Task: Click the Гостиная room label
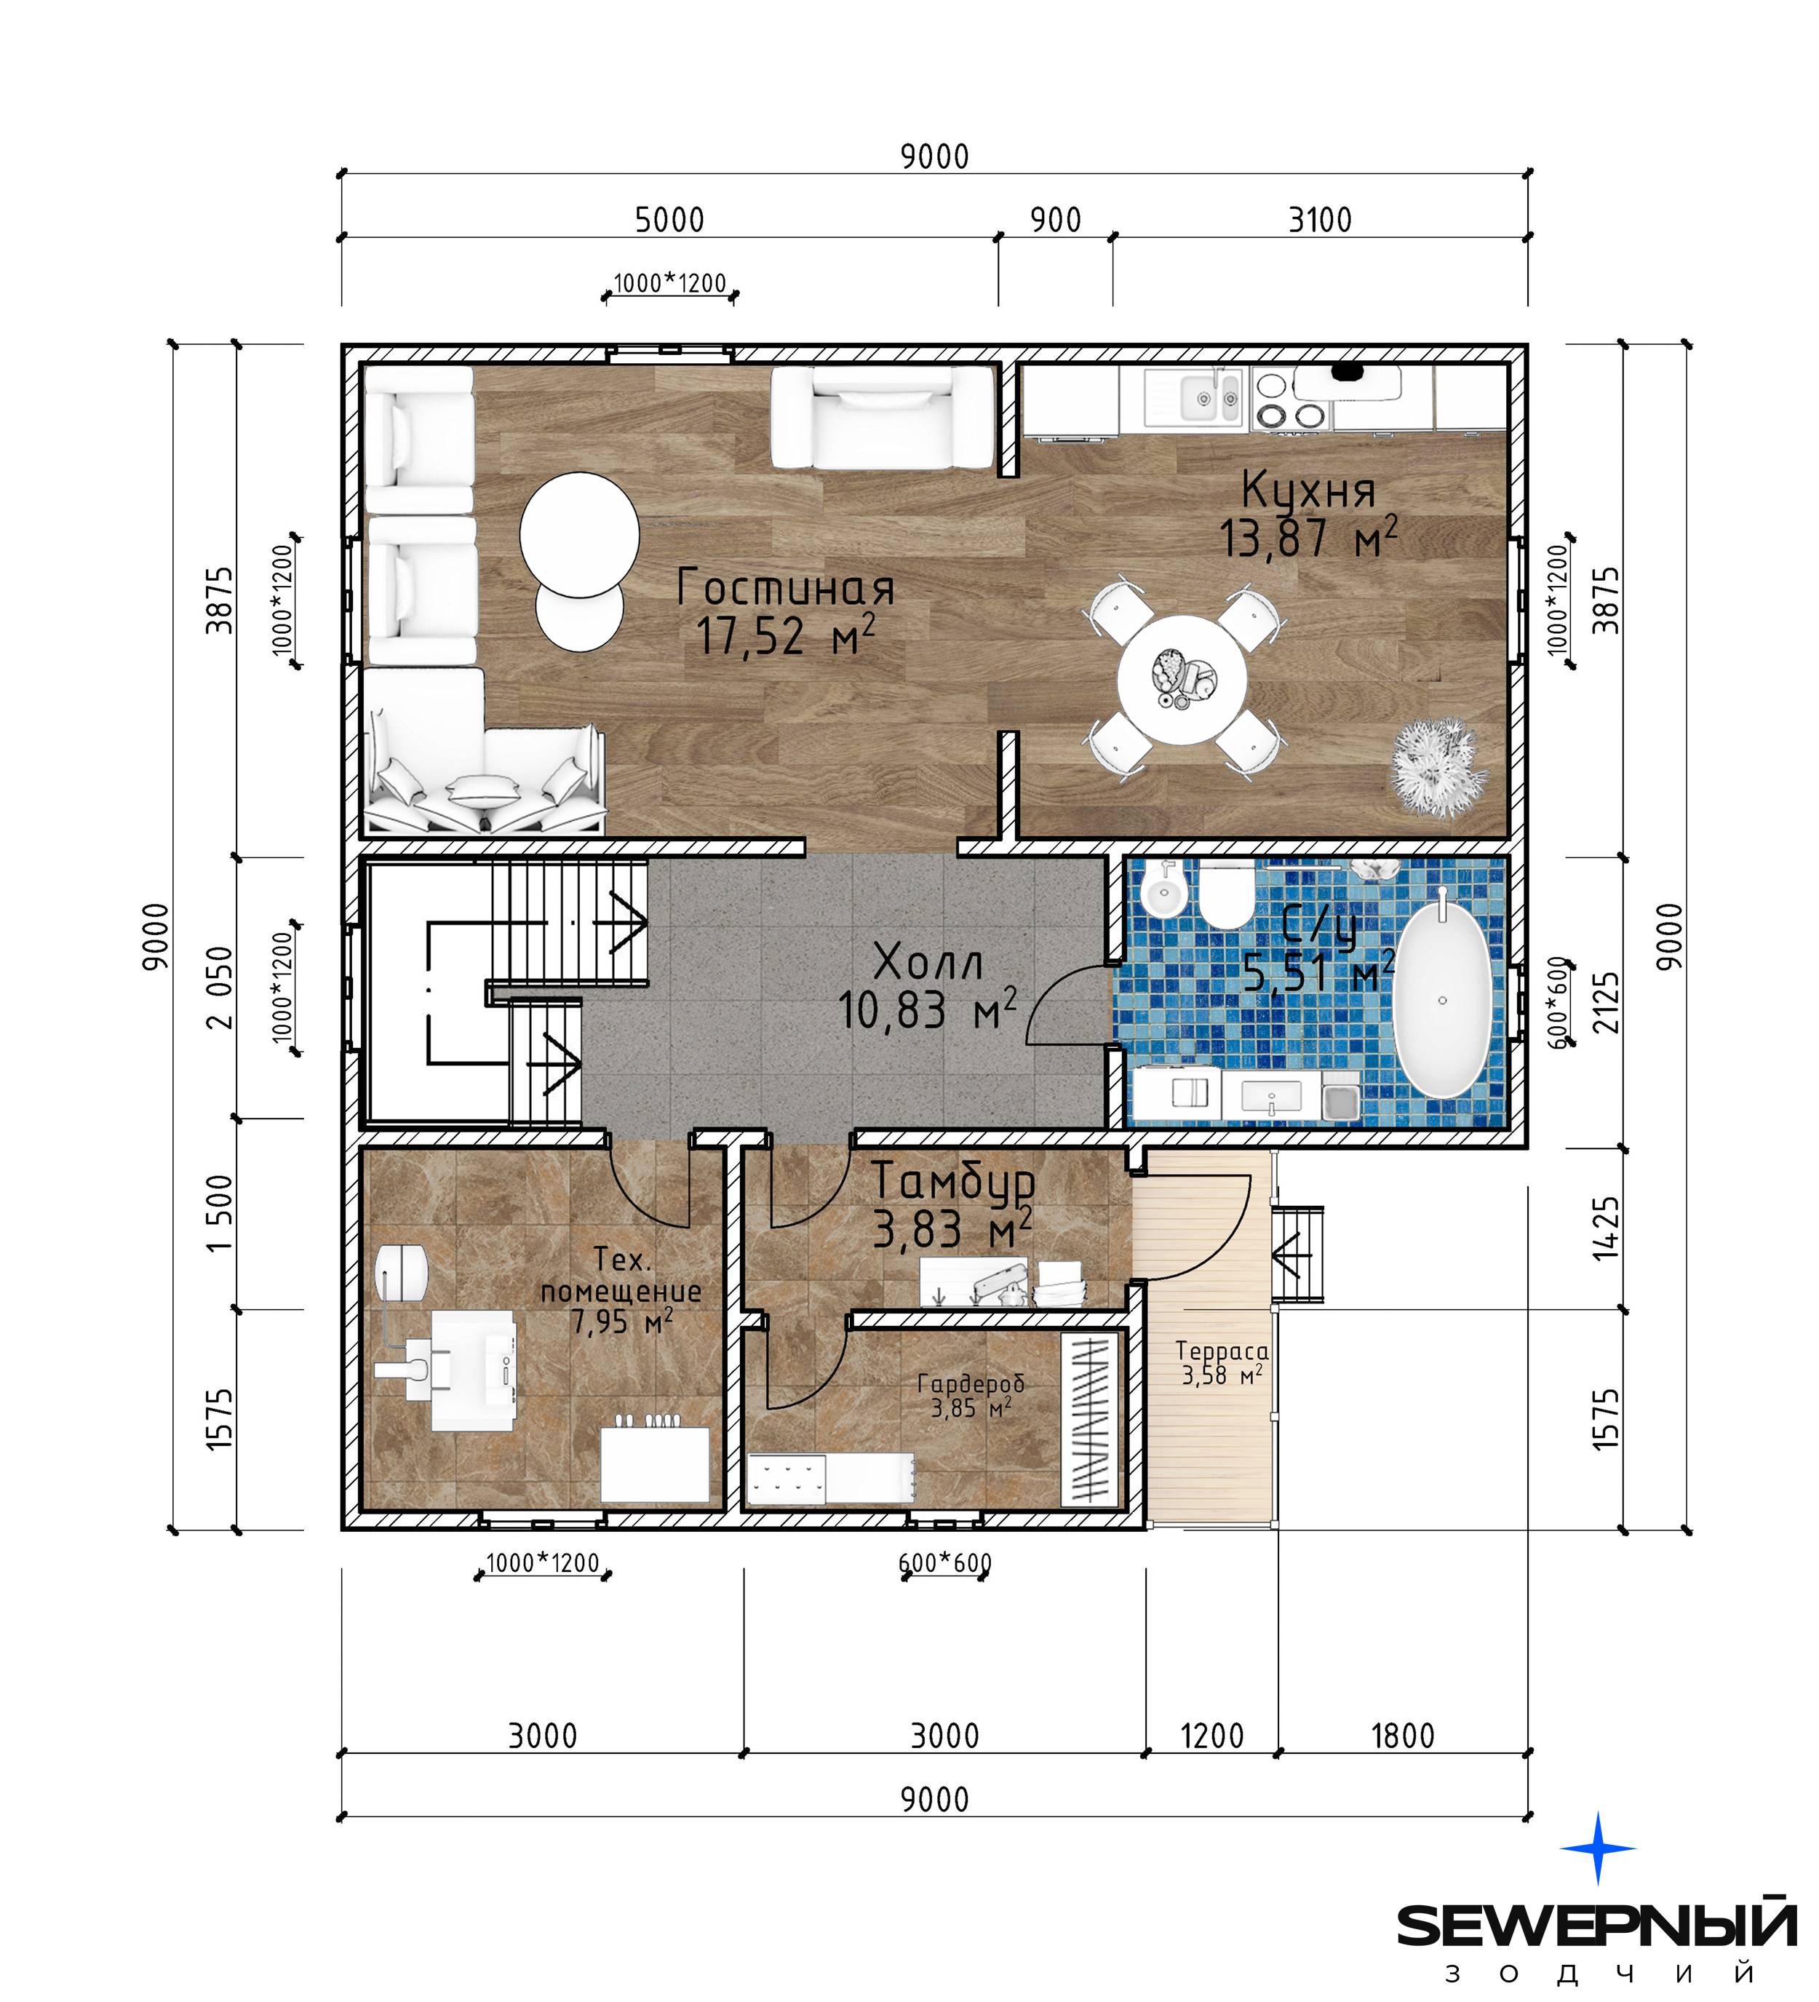click(785, 588)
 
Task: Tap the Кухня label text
click(1309, 491)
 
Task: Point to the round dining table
click(1182, 679)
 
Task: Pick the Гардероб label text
click(970, 1384)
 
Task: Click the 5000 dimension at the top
click(669, 220)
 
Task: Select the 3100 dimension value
click(1320, 220)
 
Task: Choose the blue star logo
click(1598, 1847)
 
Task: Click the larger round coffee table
click(579, 534)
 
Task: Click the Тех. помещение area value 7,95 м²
click(621, 1322)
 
